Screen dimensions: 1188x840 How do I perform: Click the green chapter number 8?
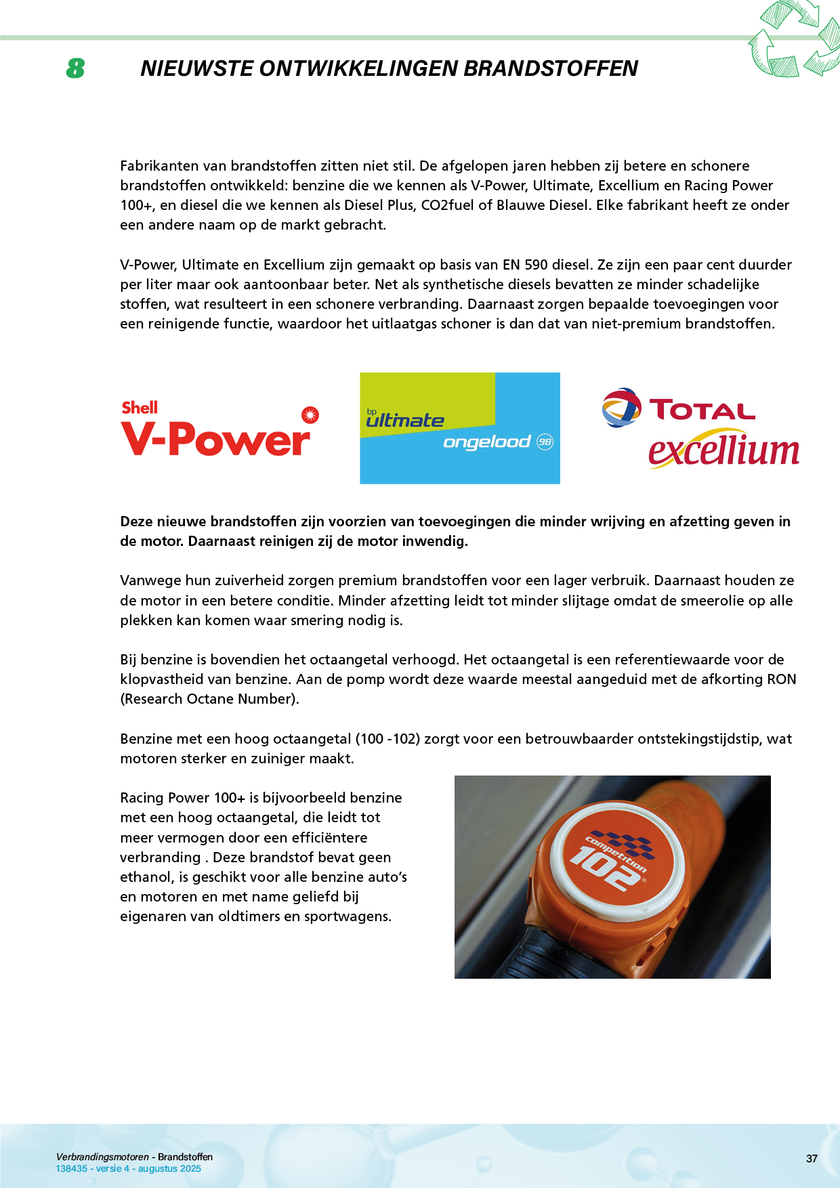[x=75, y=68]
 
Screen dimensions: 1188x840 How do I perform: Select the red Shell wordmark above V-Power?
[x=140, y=407]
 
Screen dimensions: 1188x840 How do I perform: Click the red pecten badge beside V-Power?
[x=310, y=415]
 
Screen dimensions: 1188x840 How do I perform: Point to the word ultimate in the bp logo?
[x=405, y=421]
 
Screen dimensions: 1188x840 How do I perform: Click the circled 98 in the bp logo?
[x=545, y=442]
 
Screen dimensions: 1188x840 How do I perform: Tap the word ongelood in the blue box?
[x=486, y=442]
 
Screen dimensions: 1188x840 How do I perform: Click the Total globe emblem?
[x=621, y=408]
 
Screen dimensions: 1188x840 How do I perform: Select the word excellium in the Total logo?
[x=723, y=451]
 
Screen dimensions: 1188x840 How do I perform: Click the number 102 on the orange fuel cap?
[x=604, y=868]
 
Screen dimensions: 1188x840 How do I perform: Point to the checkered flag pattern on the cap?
[x=627, y=843]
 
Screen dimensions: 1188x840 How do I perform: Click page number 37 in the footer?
[x=812, y=1159]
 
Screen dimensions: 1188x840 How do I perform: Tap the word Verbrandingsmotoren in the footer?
[x=102, y=1157]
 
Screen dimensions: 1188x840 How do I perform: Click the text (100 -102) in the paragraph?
[x=387, y=739]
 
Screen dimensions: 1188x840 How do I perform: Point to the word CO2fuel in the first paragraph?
[x=448, y=205]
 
